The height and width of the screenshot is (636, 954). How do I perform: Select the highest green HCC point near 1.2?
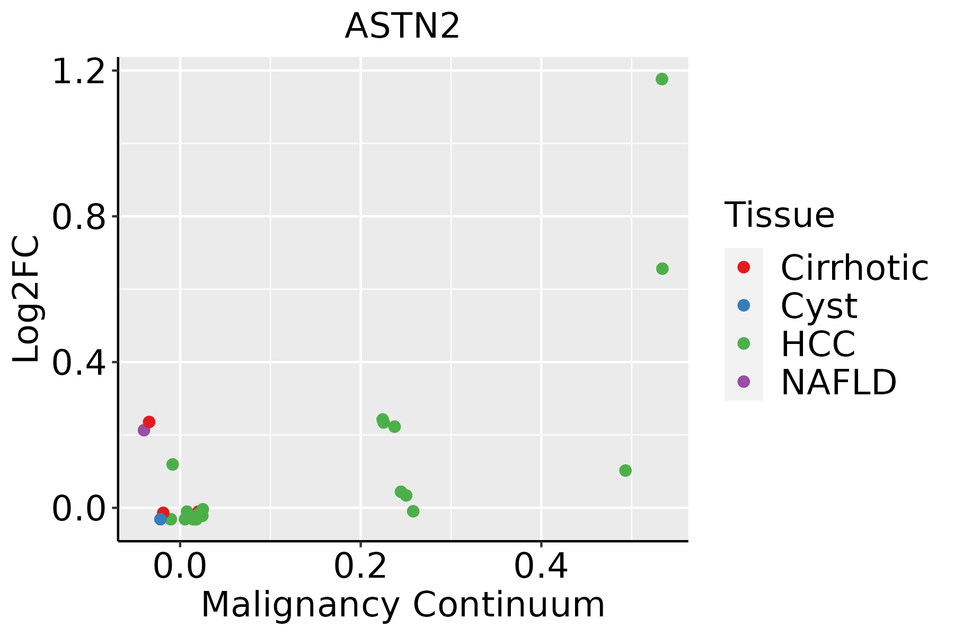pos(661,79)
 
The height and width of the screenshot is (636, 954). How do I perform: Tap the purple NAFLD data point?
pos(144,430)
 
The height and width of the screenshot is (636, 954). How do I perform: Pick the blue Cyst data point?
pos(161,519)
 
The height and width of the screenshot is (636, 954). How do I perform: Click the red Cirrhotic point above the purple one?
pos(149,422)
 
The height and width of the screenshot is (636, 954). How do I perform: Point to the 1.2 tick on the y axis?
pos(78,71)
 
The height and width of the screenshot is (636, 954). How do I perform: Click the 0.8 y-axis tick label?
pos(78,217)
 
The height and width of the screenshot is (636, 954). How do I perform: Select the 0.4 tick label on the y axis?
pos(78,363)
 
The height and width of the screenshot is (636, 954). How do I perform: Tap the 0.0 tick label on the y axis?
pos(78,509)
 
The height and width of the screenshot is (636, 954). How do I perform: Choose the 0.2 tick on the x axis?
pos(360,567)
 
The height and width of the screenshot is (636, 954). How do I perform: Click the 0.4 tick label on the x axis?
pos(541,567)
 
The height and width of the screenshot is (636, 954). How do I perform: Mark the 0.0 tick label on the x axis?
pos(180,567)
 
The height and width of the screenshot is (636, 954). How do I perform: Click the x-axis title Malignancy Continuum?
pos(403,605)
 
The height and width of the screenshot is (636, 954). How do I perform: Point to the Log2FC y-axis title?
pos(26,299)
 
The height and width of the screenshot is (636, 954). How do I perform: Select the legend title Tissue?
pos(779,215)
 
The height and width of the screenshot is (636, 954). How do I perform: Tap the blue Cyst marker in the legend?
pos(744,306)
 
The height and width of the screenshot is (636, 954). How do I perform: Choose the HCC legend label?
pos(818,344)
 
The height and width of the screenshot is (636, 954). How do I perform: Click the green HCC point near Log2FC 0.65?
pos(662,269)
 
